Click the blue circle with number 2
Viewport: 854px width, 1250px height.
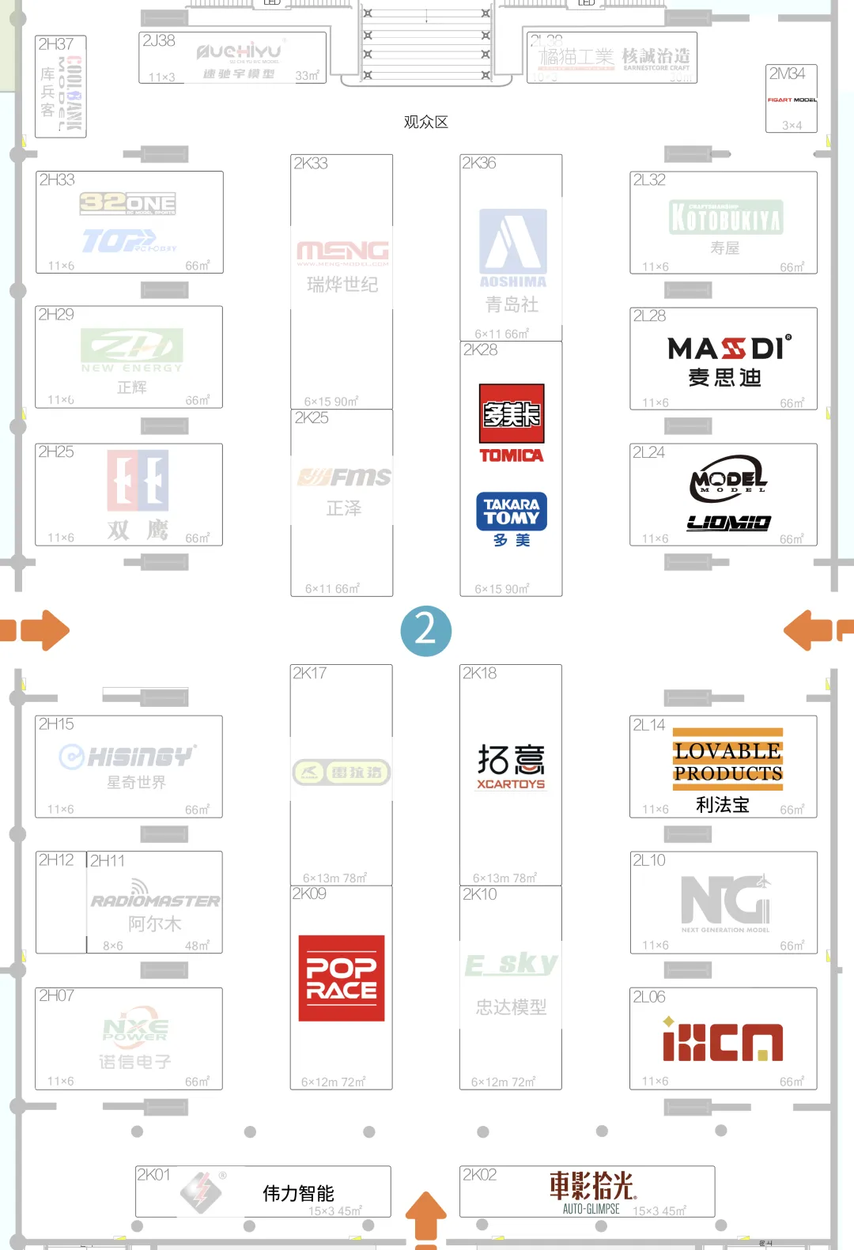pos(425,630)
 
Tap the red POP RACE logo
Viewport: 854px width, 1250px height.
pos(342,978)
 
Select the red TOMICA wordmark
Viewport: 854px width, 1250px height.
pos(512,455)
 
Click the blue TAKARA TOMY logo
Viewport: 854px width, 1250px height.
pos(512,512)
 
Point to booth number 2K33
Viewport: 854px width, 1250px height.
pos(311,164)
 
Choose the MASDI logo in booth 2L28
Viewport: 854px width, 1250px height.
pos(728,349)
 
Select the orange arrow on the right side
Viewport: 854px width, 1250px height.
pos(810,630)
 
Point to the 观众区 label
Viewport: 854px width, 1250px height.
pos(425,122)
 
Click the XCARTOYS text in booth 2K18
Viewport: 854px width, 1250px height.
pos(511,784)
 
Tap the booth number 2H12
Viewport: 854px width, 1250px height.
pos(56,860)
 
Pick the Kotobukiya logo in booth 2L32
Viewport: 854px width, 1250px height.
pos(726,217)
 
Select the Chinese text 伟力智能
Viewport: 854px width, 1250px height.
pos(298,1193)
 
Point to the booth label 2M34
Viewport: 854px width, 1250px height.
pos(788,74)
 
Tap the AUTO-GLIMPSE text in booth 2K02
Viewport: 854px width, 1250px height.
pos(591,1209)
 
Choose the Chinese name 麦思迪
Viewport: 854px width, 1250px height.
pos(724,378)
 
